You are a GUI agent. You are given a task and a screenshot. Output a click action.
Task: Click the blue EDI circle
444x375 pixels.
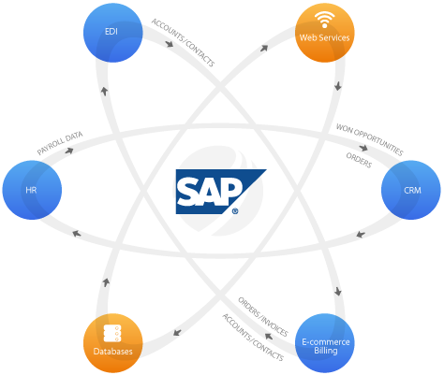click(111, 33)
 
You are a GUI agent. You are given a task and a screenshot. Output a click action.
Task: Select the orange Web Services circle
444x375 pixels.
click(324, 33)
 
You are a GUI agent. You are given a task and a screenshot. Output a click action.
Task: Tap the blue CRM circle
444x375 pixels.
click(410, 190)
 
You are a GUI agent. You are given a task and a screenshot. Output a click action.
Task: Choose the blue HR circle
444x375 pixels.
click(33, 190)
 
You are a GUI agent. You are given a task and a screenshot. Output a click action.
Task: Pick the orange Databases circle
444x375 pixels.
click(111, 343)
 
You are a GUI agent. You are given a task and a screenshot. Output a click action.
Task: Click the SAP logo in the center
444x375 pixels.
click(219, 192)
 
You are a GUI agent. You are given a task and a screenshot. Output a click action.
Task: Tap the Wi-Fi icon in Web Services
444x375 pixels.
click(324, 21)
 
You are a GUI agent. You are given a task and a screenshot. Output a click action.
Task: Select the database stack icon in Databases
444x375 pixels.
click(111, 333)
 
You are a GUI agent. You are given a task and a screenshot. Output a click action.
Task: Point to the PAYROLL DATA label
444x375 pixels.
click(59, 142)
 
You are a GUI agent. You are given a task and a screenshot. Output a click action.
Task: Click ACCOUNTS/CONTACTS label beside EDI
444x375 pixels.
click(184, 43)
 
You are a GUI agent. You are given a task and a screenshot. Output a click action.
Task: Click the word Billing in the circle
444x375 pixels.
click(324, 350)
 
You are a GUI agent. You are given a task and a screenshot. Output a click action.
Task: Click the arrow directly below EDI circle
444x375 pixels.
click(104, 92)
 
